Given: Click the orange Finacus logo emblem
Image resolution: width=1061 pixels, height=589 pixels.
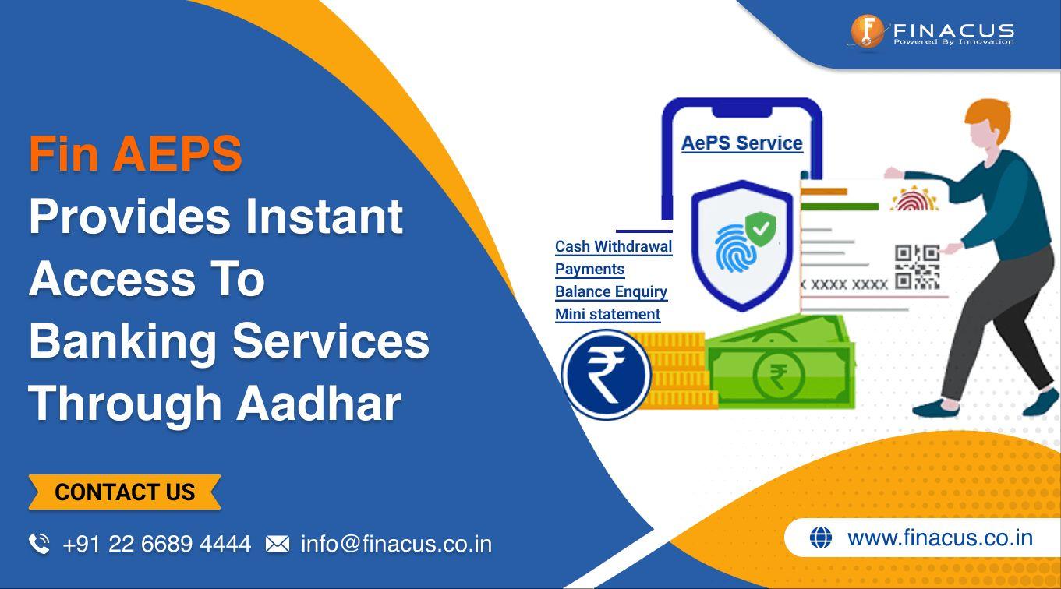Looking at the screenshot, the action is click(866, 31).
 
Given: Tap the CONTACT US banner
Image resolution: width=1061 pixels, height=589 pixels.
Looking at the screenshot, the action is click(125, 492).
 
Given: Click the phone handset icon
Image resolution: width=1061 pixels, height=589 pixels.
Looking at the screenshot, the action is click(39, 544).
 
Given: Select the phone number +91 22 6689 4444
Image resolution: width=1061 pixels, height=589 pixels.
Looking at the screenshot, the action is click(157, 544).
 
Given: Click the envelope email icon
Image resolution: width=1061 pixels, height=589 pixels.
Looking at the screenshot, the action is click(277, 544).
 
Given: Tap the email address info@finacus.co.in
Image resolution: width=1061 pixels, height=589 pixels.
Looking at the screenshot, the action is click(397, 544).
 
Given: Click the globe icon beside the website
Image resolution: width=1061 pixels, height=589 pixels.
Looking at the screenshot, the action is click(820, 538).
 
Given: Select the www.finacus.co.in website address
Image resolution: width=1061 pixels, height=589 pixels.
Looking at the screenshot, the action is click(940, 538).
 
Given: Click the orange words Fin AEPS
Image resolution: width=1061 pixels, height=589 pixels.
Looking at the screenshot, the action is click(136, 153).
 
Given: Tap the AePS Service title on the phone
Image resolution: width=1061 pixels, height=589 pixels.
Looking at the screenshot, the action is click(741, 143).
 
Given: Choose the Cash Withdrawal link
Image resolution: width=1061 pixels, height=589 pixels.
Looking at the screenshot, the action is click(614, 246).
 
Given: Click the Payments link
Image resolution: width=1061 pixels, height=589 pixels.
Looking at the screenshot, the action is click(589, 269).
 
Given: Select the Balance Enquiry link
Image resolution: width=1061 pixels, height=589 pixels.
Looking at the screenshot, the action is click(611, 291).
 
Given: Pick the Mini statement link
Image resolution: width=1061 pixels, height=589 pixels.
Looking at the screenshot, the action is click(608, 314).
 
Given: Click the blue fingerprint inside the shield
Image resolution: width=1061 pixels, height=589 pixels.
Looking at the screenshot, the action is click(734, 248).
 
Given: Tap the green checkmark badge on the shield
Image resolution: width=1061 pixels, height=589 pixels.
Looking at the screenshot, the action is click(761, 229).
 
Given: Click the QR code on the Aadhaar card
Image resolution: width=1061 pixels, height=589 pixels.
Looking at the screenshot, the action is click(918, 266).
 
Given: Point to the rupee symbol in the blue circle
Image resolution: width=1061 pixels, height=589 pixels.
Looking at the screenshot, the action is click(605, 375).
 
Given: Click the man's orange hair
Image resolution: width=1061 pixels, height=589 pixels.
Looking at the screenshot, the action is click(988, 116).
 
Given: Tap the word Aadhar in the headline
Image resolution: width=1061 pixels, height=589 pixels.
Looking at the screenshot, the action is click(319, 404).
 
